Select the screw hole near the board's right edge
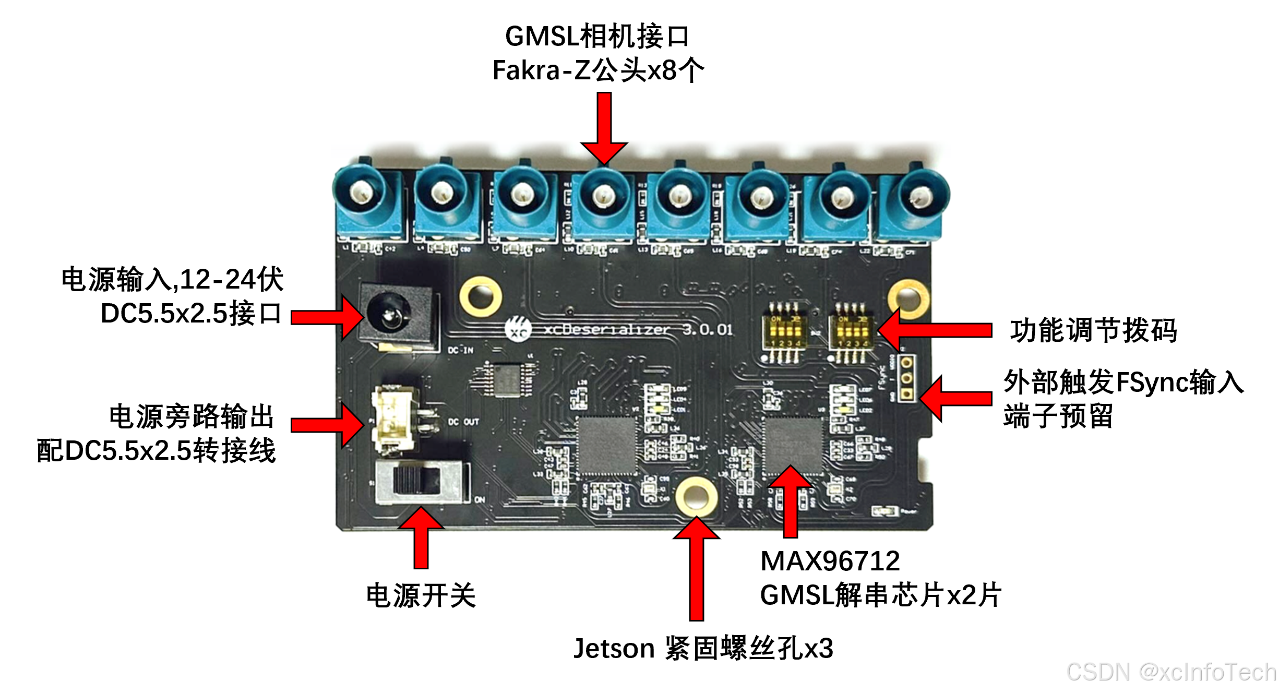pyautogui.click(x=909, y=299)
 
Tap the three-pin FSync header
pyautogui.click(x=907, y=378)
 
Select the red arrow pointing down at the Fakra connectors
pyautogui.click(x=604, y=128)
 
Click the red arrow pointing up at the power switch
pyautogui.click(x=421, y=537)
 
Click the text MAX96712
pyautogui.click(x=830, y=561)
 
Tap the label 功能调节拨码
pyautogui.click(x=1093, y=331)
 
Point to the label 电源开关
pyautogui.click(x=421, y=596)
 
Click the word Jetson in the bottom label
pyautogui.click(x=614, y=649)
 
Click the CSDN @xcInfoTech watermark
pyautogui.click(x=1171, y=672)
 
